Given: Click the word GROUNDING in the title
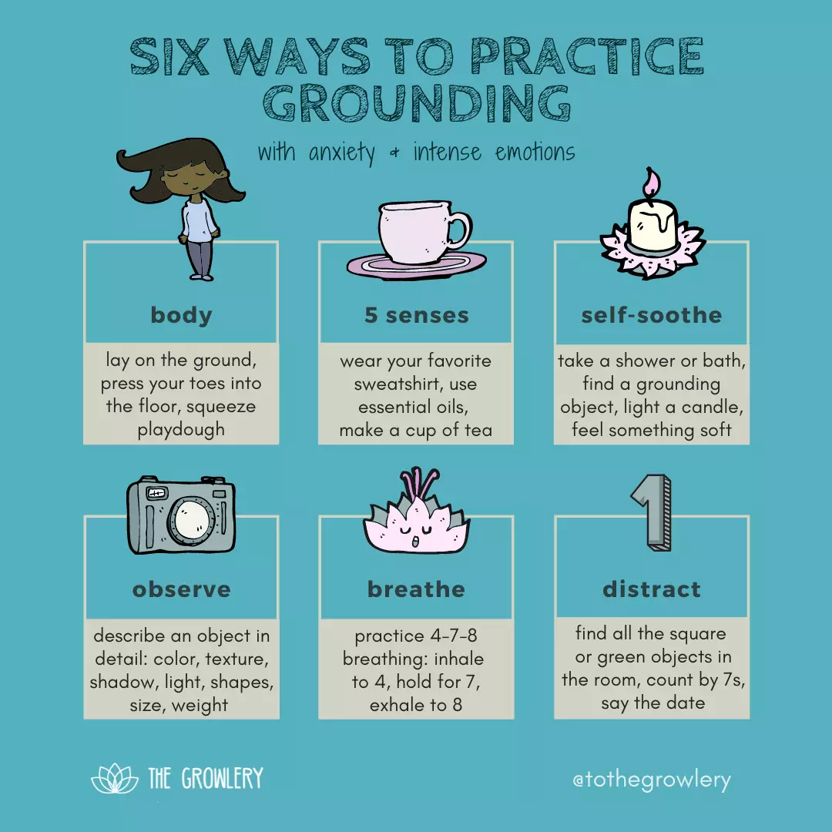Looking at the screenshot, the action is click(417, 102).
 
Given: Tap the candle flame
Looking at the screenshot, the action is click(651, 184).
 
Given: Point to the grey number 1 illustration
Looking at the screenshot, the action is click(652, 512).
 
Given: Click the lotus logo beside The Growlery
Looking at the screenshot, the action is click(115, 778).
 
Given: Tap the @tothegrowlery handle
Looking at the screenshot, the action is click(652, 780).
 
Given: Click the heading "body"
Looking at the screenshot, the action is click(182, 315).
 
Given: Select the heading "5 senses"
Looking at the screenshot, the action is click(417, 315).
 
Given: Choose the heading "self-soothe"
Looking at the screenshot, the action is click(652, 315).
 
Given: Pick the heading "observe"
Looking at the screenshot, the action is click(182, 589).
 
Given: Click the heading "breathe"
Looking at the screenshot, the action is click(417, 589).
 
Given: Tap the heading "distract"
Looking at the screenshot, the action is click(652, 589).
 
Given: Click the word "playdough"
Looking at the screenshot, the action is click(181, 430).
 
